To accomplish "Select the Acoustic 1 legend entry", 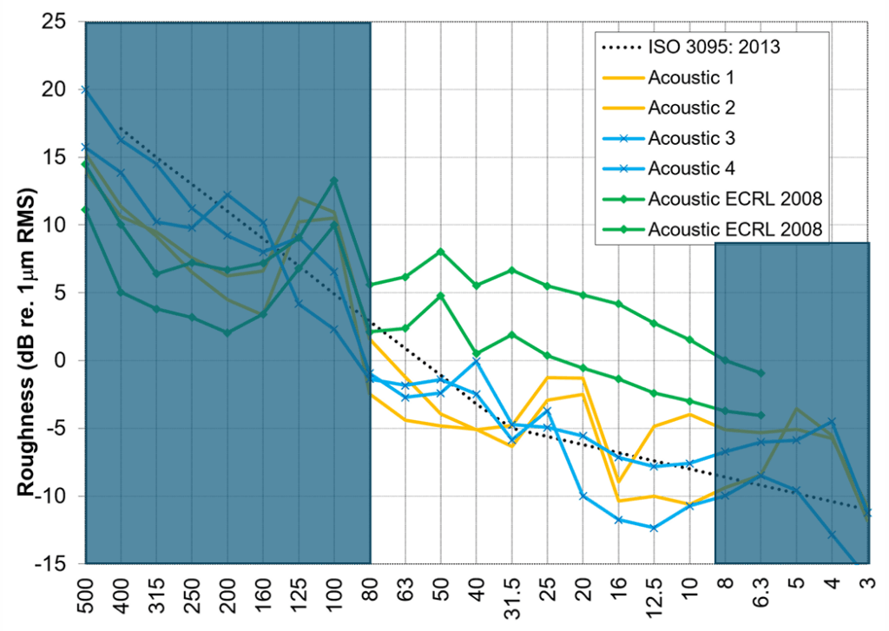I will (x=692, y=77).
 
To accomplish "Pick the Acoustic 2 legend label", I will (x=692, y=108).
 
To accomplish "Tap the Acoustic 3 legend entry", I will (x=692, y=138).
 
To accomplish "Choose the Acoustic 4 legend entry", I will (x=692, y=168).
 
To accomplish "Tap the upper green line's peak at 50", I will (x=441, y=252).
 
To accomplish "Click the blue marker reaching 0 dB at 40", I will (x=477, y=360).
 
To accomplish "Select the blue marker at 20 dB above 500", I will (x=85, y=89).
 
